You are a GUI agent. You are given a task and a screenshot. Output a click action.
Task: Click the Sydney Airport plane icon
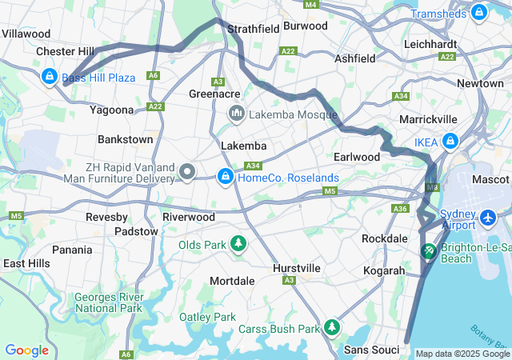coord(489,217)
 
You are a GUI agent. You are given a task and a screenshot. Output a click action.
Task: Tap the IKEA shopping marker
coord(450,142)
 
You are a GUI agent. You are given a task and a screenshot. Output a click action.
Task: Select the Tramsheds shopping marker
coord(478,13)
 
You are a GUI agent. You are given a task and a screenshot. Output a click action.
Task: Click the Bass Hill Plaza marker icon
coord(49,77)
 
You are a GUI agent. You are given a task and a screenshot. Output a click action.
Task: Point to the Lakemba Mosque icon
coord(236,114)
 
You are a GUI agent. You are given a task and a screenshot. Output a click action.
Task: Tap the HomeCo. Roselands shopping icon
coord(226,177)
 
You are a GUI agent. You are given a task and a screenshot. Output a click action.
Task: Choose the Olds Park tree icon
coord(238,243)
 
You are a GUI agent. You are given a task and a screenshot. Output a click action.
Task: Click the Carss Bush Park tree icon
coord(331,327)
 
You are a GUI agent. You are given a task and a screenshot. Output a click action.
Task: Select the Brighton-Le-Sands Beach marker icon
coord(430,251)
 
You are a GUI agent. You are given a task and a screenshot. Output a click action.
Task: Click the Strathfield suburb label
coord(253,29)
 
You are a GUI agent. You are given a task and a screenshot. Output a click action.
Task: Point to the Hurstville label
coord(297,268)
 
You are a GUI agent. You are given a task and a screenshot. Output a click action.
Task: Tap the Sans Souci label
coord(371,350)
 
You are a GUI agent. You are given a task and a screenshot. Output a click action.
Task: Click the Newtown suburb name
coord(480,83)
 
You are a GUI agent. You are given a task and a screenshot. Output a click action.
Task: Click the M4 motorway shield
coord(310,5)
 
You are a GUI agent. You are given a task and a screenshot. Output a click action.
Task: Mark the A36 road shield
coord(400,208)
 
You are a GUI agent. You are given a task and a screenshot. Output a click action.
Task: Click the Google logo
coord(26,350)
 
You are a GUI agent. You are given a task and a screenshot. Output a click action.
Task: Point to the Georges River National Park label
coord(108,302)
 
